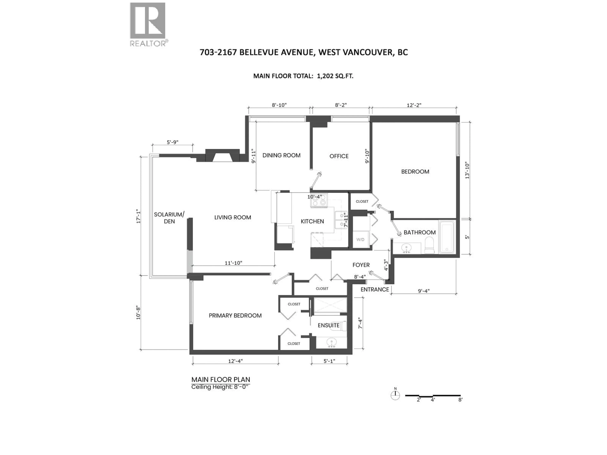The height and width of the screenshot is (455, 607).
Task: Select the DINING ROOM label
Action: (281, 155)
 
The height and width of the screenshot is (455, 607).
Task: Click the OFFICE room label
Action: (339, 156)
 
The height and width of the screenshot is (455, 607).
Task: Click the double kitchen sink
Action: (340, 220)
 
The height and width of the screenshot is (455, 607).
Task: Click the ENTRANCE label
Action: (375, 289)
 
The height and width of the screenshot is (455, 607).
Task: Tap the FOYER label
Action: (361, 265)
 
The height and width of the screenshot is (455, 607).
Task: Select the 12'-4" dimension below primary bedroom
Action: (235, 361)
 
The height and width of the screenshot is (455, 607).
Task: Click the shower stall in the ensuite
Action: (330, 305)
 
